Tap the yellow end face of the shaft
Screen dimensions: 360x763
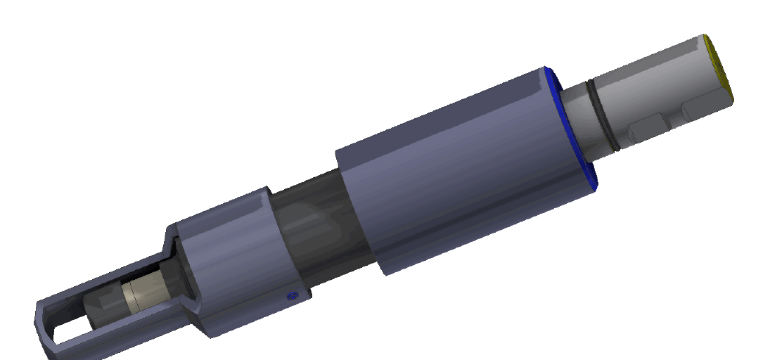point(719,68)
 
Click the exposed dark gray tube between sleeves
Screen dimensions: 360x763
point(316,225)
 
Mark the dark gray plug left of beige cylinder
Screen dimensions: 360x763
point(102,309)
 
